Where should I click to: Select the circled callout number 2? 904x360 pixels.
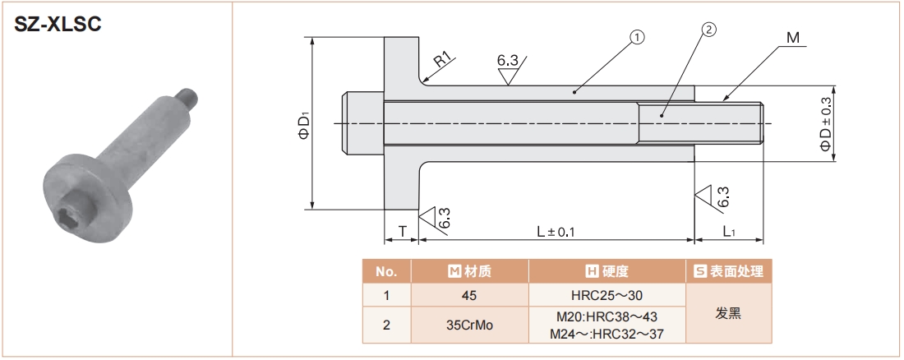tap(709, 30)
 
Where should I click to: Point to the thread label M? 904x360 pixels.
tap(792, 38)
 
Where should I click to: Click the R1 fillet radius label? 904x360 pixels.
tap(443, 59)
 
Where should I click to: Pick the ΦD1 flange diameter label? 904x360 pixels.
tap(303, 125)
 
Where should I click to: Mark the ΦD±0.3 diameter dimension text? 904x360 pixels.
tap(825, 123)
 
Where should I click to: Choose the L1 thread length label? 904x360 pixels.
tap(729, 232)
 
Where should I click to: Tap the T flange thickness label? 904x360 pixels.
tap(402, 232)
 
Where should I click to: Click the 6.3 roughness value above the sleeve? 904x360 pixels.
tap(507, 60)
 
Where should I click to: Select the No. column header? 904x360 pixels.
tap(386, 271)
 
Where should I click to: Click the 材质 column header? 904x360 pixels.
tap(469, 271)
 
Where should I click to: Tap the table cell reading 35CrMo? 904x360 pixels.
tap(469, 325)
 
